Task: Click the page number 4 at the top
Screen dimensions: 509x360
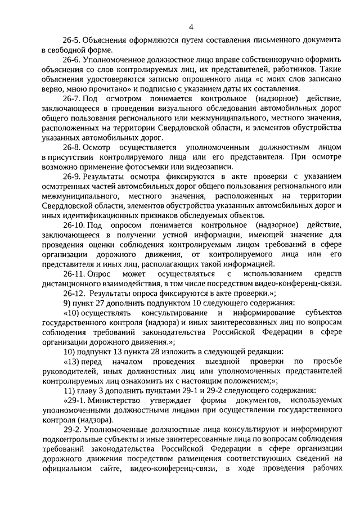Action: [191, 26]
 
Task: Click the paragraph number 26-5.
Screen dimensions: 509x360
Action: [72, 41]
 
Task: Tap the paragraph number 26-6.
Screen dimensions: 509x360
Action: [72, 60]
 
